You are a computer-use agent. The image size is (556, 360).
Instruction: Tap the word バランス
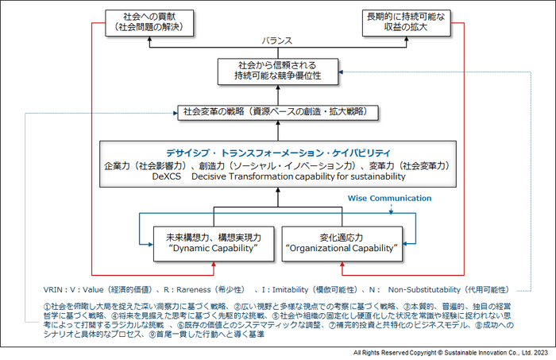278,41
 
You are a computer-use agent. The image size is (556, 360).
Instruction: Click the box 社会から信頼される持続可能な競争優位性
278,71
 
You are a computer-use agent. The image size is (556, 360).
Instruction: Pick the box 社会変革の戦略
278,112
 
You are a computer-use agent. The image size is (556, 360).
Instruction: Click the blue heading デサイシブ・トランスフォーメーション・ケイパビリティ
278,153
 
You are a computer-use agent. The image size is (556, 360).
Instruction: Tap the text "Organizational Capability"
341,249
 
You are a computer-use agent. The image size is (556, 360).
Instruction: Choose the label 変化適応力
341,237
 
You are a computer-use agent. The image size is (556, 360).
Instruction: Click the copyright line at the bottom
448,350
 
